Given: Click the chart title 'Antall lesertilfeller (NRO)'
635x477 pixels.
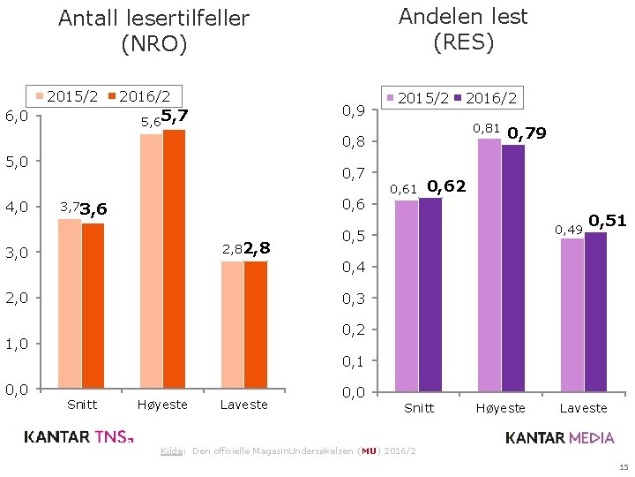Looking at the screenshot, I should [x=153, y=30].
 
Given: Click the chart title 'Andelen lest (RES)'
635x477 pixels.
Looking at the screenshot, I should [x=463, y=28].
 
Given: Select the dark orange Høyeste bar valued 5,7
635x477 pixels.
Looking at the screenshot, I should [x=174, y=259].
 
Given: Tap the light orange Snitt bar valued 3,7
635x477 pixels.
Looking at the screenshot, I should [x=69, y=304].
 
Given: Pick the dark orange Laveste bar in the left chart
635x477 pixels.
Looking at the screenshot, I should [x=256, y=324].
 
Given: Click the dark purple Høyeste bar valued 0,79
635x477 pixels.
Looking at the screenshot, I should [x=512, y=268].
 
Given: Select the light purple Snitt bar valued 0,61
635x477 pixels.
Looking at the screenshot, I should [x=406, y=296].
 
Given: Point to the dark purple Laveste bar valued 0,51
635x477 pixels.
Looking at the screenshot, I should [x=595, y=312].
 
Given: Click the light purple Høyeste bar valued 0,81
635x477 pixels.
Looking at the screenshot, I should [x=489, y=265].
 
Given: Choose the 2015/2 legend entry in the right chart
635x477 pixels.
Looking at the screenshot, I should [x=416, y=98].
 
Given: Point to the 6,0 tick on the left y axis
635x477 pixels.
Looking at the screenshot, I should [x=17, y=116].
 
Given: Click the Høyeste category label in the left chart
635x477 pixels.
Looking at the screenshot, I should [x=162, y=405].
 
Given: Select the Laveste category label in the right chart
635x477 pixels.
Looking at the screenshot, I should [x=583, y=408].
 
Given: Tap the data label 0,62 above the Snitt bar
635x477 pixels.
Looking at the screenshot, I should [x=445, y=185].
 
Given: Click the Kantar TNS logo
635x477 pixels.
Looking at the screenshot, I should [x=78, y=436].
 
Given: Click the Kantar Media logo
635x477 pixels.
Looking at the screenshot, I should [x=560, y=437].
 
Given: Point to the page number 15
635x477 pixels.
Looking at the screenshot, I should [x=619, y=467].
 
